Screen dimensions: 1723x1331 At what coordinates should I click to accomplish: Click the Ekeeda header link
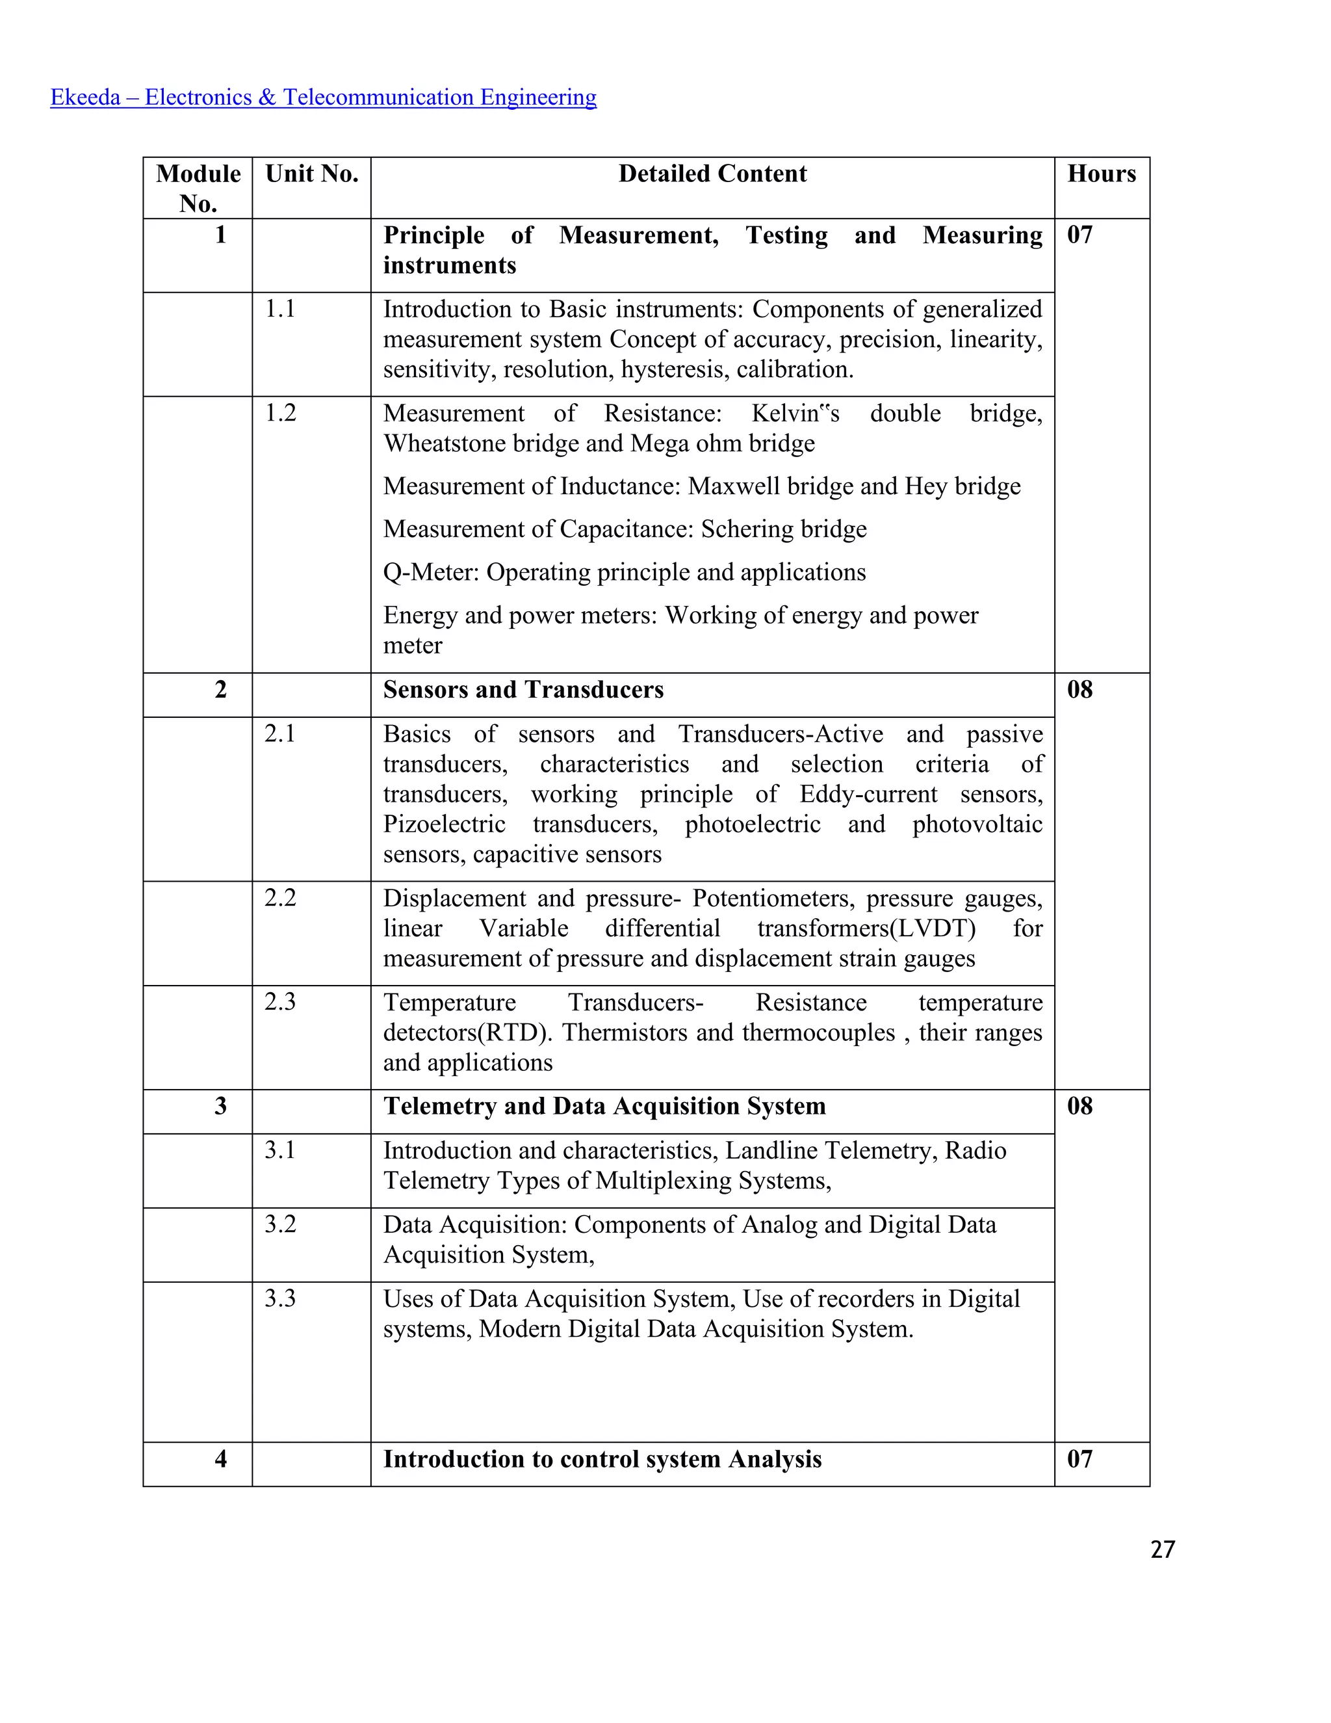(x=323, y=97)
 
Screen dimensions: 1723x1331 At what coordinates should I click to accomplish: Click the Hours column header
(x=1101, y=174)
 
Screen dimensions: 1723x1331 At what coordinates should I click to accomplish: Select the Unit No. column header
(x=311, y=174)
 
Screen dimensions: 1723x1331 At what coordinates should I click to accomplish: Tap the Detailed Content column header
(x=712, y=174)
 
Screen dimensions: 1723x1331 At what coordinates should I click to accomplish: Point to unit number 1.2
(x=280, y=413)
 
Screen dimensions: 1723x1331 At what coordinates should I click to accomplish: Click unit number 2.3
(x=280, y=1001)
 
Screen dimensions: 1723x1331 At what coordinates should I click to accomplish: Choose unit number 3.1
(x=280, y=1150)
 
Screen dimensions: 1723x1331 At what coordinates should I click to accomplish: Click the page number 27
(x=1162, y=1549)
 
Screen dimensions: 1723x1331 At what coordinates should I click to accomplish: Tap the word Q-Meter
(x=430, y=572)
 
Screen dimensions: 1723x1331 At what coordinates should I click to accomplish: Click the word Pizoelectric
(x=444, y=824)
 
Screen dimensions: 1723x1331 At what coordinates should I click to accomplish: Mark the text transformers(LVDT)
(x=866, y=928)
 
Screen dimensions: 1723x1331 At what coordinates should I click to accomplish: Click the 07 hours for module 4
(x=1079, y=1459)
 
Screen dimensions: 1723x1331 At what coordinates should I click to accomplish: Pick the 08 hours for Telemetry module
(x=1079, y=1106)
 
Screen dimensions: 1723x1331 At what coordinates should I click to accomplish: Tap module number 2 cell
(x=221, y=689)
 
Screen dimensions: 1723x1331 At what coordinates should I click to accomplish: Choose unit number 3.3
(x=280, y=1298)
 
